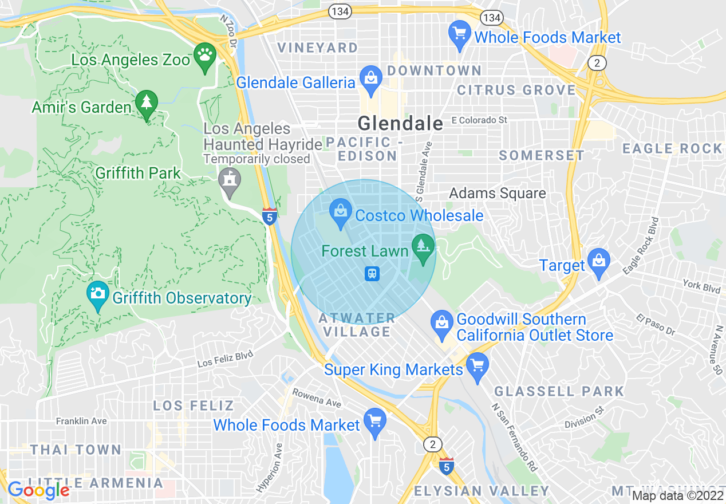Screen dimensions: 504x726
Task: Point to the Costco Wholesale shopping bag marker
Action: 340,212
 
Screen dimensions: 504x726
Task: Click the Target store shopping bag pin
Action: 599,262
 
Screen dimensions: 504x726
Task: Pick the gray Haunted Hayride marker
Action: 230,180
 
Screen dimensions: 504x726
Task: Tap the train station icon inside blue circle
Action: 372,274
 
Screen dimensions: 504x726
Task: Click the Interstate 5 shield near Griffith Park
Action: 270,216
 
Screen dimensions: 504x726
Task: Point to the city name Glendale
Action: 400,123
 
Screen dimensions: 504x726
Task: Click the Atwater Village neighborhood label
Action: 357,325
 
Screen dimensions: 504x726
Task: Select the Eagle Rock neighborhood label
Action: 672,149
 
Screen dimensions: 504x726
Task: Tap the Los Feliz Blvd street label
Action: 225,360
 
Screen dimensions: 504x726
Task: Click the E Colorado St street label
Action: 479,120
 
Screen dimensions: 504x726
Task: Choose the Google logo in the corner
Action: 38,490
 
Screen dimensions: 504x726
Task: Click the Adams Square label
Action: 497,193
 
